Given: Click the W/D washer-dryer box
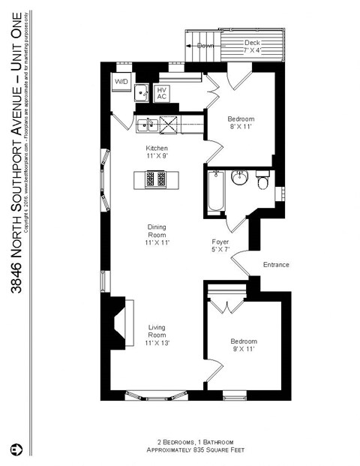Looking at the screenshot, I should click(121, 80).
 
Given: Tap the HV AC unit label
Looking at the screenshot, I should click(161, 93).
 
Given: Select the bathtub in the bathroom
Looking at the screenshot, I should click(214, 191).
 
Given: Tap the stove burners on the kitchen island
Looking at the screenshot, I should click(155, 180).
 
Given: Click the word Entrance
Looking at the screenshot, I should click(275, 265).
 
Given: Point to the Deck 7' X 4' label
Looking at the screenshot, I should click(253, 47).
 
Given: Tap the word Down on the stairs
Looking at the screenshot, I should click(205, 46).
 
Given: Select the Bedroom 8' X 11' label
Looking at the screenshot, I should click(241, 123).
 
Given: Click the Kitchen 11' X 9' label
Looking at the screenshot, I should click(157, 152).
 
